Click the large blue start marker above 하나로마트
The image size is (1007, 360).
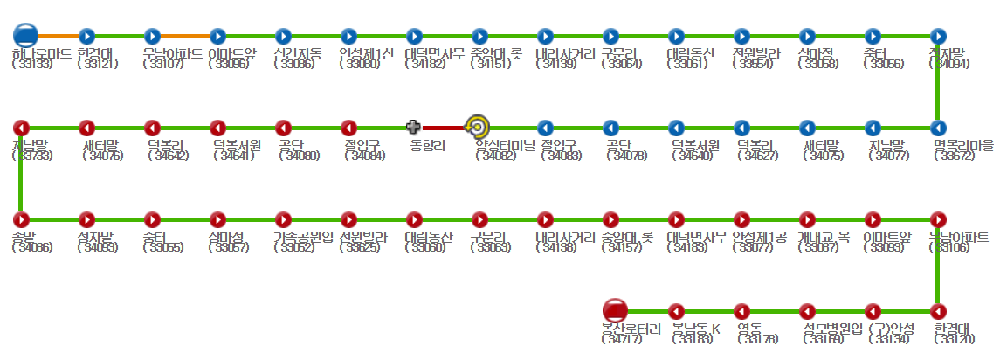pyautogui.click(x=25, y=36)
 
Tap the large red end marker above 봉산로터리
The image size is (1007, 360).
pyautogui.click(x=615, y=310)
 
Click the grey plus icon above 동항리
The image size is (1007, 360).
pyautogui.click(x=414, y=128)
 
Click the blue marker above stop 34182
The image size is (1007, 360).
pyautogui.click(x=414, y=36)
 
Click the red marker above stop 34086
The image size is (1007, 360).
pyautogui.click(x=21, y=219)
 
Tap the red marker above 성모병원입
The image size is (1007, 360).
pyautogui.click(x=808, y=311)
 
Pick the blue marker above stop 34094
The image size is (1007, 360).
pyautogui.click(x=938, y=36)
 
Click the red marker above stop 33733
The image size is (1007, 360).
pyautogui.click(x=21, y=128)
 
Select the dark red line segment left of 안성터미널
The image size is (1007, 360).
pyautogui.click(x=445, y=128)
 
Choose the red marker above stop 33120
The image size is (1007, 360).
pyautogui.click(x=938, y=311)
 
